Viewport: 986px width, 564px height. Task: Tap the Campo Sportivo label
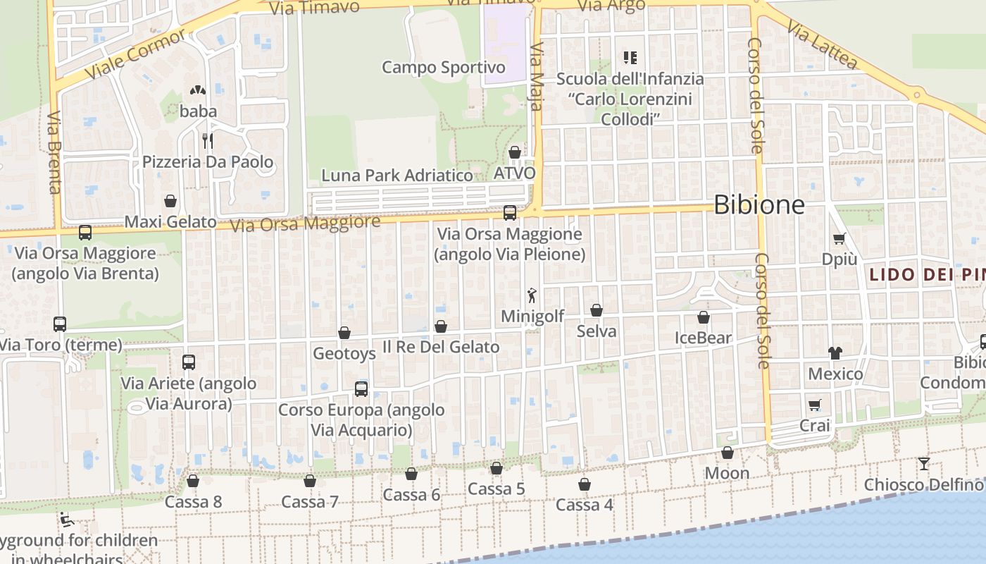coord(444,68)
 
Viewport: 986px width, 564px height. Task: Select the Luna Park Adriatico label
coord(397,175)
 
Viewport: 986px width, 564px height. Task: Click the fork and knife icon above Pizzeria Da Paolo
coord(208,141)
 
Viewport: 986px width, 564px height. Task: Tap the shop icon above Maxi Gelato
coord(170,201)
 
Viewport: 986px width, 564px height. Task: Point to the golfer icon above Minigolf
coord(532,295)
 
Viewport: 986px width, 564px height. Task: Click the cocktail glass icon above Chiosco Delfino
coord(923,464)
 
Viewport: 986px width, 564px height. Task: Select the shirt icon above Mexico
coord(835,352)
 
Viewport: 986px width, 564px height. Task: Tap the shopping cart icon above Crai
coord(815,405)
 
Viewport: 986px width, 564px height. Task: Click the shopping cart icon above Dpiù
coord(839,238)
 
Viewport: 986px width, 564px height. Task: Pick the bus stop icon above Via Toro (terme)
coord(60,324)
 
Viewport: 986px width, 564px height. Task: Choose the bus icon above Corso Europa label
coord(361,388)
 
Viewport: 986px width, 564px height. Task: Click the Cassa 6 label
coord(411,495)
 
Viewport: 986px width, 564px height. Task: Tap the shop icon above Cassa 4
coord(585,484)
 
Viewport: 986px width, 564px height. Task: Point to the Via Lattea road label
coord(823,44)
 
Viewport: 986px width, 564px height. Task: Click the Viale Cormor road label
coord(135,54)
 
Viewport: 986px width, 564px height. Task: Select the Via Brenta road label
coord(55,152)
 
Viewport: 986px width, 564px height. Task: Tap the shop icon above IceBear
coord(704,317)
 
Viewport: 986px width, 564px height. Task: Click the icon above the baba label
coord(198,90)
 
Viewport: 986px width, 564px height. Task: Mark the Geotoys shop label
coord(344,353)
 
